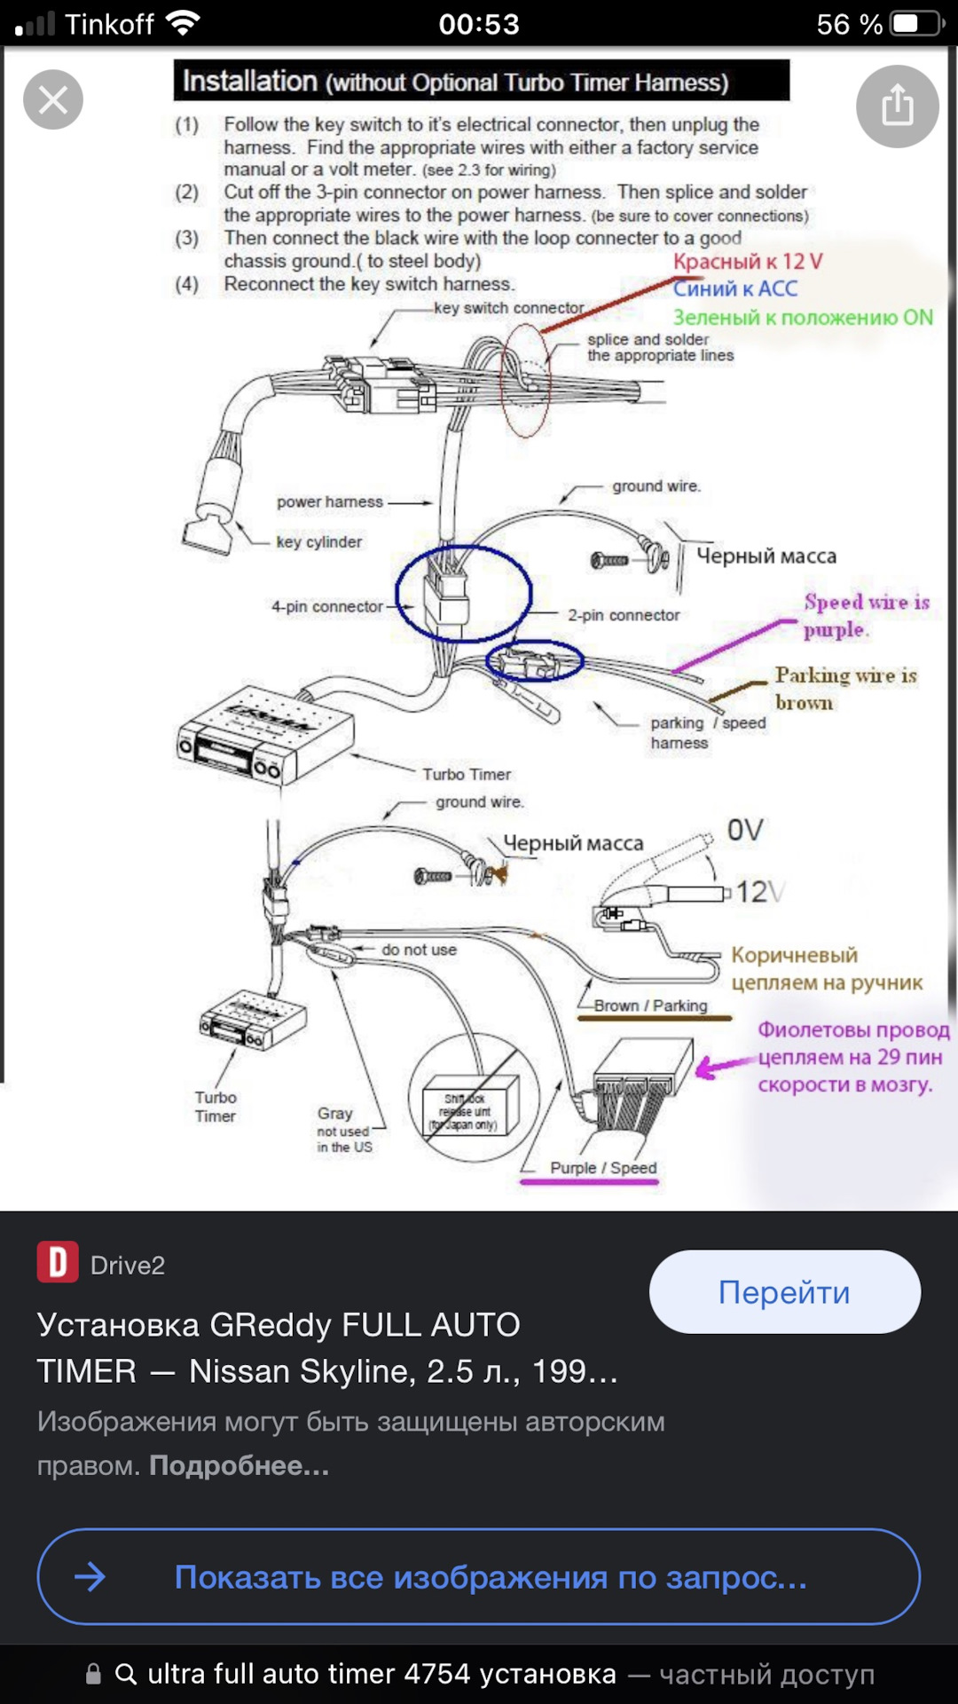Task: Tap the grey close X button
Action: coord(53,99)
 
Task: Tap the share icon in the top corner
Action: coord(897,106)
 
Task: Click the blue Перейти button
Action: coord(784,1292)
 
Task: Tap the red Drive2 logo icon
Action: coord(58,1262)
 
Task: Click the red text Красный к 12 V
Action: coord(748,262)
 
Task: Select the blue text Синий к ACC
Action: coord(734,288)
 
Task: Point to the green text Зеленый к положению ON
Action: coord(803,318)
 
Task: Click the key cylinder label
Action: coord(319,542)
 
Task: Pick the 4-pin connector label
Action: coord(327,607)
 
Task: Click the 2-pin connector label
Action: coord(624,615)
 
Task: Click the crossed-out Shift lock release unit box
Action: coord(470,1111)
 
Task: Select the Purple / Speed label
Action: coord(603,1168)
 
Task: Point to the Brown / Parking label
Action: coord(651,1006)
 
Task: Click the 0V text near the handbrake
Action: coord(745,831)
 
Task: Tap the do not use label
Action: coord(419,950)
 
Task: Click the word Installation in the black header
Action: coord(249,82)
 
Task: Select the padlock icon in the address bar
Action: coord(93,1674)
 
